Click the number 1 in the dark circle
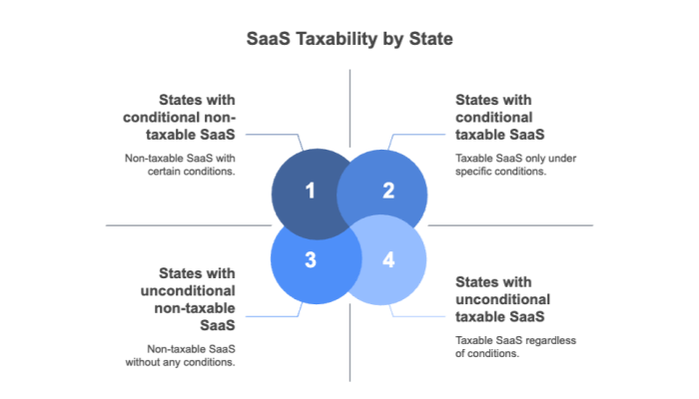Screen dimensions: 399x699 click(310, 191)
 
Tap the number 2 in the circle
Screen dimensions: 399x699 click(388, 191)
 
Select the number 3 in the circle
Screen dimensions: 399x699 click(310, 260)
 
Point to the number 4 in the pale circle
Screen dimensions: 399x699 click(388, 260)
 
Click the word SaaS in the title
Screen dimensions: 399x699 click(266, 40)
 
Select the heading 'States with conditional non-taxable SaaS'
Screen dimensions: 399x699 click(190, 117)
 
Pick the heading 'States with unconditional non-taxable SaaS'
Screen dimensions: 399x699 click(190, 298)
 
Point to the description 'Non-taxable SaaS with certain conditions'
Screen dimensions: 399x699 click(180, 164)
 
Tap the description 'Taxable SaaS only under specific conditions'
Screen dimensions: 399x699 click(515, 164)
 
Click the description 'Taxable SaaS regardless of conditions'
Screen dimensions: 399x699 click(515, 346)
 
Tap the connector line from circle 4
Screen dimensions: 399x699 click(419, 316)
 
